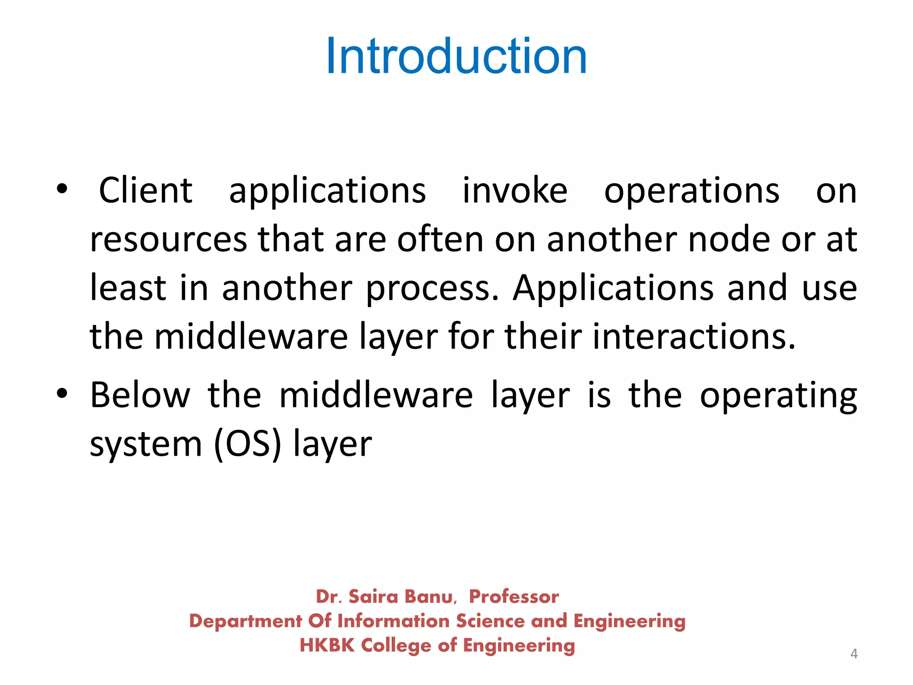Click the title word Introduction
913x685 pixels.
(456, 57)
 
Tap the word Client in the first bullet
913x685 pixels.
(145, 191)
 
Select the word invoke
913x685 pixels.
(515, 191)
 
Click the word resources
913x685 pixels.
(168, 240)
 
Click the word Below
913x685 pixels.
(140, 395)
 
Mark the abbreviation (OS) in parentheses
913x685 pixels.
(247, 444)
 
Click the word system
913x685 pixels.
(146, 445)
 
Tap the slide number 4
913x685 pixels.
(854, 654)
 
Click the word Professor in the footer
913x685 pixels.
(514, 597)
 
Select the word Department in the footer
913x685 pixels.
(246, 622)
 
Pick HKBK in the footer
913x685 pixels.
(327, 645)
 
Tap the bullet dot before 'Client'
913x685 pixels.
(62, 189)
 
